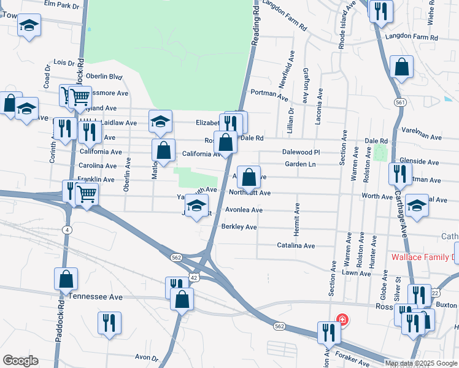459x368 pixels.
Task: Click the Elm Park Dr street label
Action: point(62,5)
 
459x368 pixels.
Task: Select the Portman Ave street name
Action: point(269,95)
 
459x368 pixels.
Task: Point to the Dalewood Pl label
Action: point(301,151)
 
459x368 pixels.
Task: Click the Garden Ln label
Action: point(299,164)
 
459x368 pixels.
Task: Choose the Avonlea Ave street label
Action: point(244,210)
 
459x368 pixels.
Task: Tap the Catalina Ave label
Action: point(296,245)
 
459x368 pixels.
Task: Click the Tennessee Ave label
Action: point(96,296)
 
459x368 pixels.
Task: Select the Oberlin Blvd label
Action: point(104,77)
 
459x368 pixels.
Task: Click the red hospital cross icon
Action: point(342,320)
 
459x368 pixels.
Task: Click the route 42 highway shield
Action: point(193,278)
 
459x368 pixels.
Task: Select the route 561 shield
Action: point(400,102)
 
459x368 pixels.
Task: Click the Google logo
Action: point(20,361)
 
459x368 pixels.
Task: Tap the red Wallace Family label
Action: point(423,257)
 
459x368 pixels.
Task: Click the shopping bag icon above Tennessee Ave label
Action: point(66,278)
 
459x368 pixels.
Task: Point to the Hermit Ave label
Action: point(297,217)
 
